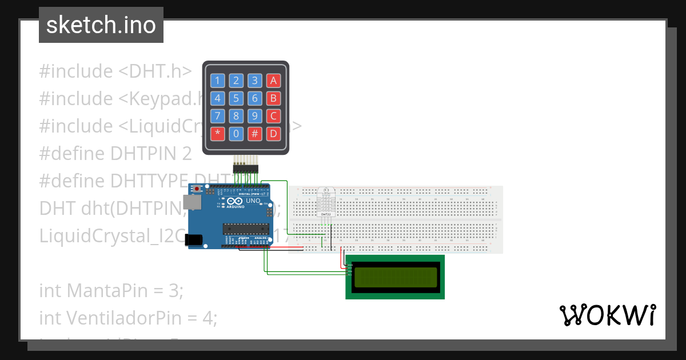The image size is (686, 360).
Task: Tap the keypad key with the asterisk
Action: click(217, 134)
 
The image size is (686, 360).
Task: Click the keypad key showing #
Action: click(255, 134)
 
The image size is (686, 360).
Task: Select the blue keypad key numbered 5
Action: click(236, 98)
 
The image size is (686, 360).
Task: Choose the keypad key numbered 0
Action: click(236, 134)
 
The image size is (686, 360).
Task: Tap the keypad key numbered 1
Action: click(217, 81)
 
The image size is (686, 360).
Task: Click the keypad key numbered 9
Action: click(255, 117)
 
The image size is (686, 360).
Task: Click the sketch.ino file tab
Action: click(101, 25)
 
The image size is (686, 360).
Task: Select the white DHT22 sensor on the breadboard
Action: click(325, 202)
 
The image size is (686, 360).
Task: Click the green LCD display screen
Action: click(394, 277)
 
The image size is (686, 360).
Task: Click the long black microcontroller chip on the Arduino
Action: click(245, 229)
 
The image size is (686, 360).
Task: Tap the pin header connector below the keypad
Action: click(246, 168)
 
